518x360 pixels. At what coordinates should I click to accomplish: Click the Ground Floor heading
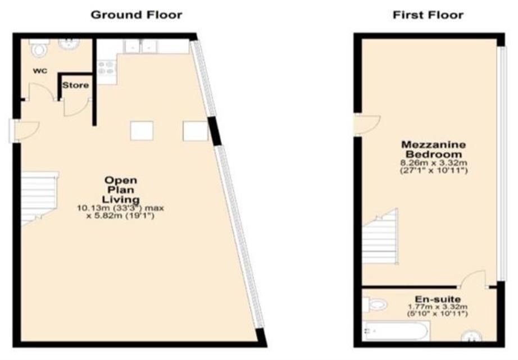click(137, 15)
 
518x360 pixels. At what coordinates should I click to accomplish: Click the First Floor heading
click(428, 15)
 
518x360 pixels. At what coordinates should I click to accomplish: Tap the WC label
click(39, 71)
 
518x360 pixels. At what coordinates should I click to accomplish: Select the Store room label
click(75, 85)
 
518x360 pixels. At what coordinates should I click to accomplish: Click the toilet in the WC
click(39, 50)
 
